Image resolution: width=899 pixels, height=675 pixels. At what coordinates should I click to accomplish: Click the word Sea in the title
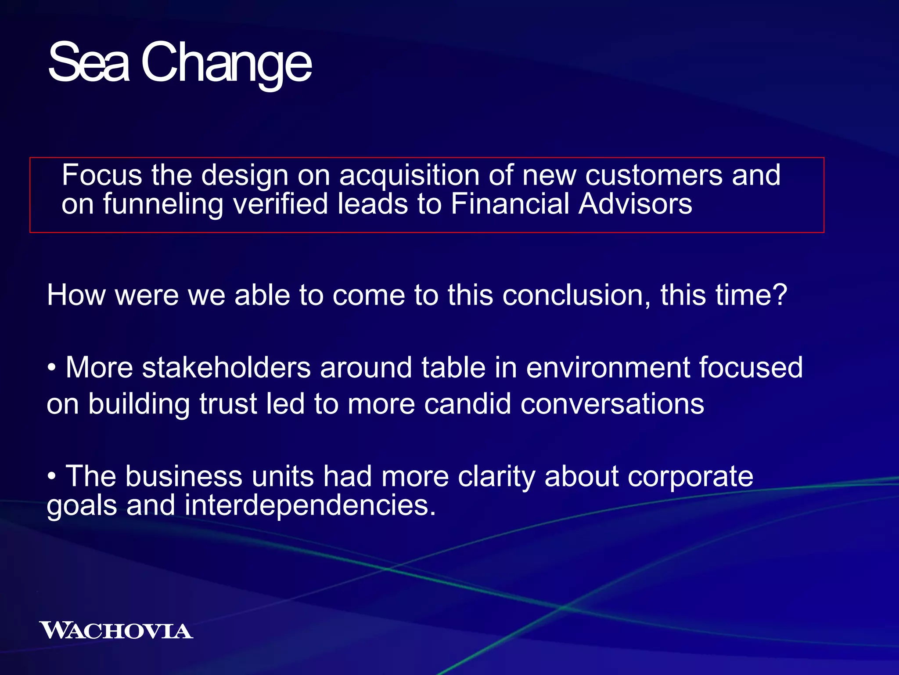pyautogui.click(x=89, y=62)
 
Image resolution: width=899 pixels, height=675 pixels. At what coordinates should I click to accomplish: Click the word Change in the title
pyautogui.click(x=226, y=64)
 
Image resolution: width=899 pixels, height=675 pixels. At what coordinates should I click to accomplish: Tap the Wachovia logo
pyautogui.click(x=116, y=631)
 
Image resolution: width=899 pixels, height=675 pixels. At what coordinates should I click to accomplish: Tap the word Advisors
pyautogui.click(x=635, y=204)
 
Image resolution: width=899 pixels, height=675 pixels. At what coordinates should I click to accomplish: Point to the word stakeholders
pyautogui.click(x=227, y=367)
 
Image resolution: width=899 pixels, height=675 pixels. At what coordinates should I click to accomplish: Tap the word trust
pyautogui.click(x=228, y=404)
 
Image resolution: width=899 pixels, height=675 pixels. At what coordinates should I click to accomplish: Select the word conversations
pyautogui.click(x=612, y=404)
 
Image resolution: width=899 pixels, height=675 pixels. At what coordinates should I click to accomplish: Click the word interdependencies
pyautogui.click(x=310, y=506)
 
